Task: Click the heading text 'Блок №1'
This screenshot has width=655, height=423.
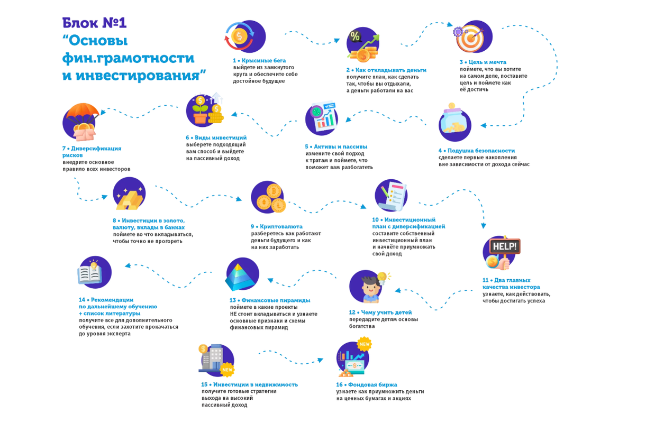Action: tap(94, 22)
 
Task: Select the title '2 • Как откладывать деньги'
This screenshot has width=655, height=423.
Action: tap(386, 70)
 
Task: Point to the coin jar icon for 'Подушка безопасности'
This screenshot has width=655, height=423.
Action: tap(454, 123)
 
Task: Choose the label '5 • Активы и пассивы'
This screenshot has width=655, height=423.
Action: tap(336, 146)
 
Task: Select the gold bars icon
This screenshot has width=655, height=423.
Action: tap(129, 197)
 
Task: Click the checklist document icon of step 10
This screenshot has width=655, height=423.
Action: tap(392, 195)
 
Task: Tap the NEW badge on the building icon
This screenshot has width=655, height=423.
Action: tap(228, 370)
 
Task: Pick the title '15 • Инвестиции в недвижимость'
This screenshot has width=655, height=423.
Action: tap(249, 384)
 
